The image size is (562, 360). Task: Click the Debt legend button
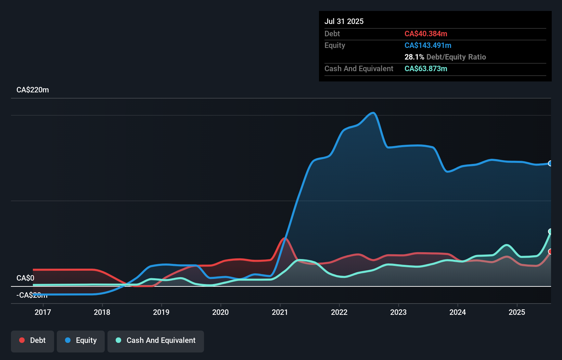[x=33, y=340]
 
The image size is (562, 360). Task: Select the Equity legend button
[x=81, y=340]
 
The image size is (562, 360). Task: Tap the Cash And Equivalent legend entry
[x=156, y=340]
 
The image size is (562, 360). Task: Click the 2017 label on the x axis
[x=43, y=312]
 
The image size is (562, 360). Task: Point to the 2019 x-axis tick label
[x=161, y=312]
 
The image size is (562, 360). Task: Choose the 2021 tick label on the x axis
[x=280, y=312]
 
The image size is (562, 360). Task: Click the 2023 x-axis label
[x=398, y=312]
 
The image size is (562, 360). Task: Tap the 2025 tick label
[x=517, y=312]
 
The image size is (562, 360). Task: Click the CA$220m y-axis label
[x=33, y=90]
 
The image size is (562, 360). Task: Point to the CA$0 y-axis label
[x=25, y=278]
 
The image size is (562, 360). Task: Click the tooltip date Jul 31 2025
[x=344, y=21]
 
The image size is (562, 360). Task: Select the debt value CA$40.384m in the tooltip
[x=426, y=34]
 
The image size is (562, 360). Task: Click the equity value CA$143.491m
[x=428, y=45]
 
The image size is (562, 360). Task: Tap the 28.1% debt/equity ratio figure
[x=414, y=57]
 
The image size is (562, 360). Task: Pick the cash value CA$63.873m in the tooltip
[x=426, y=68]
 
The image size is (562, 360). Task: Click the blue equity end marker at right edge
[x=550, y=163]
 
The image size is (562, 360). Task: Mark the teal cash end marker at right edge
[x=550, y=231]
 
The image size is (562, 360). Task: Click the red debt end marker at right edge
[x=550, y=252]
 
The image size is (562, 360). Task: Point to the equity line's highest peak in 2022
[x=373, y=113]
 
